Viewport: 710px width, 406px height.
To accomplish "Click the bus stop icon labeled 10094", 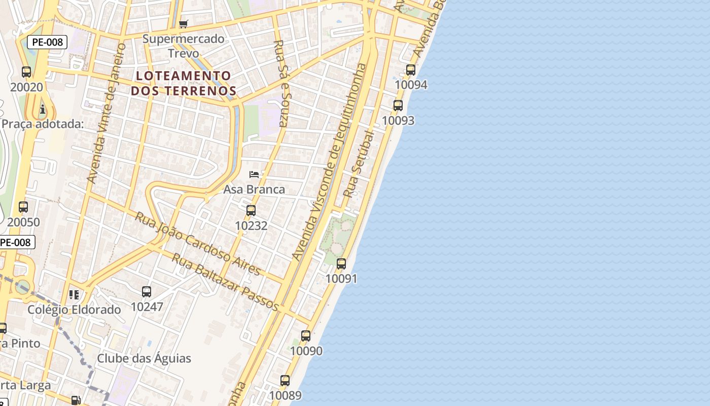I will click(x=411, y=70).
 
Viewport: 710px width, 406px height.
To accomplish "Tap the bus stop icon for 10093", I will click(x=398, y=106).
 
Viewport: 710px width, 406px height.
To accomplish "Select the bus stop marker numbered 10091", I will click(x=341, y=264).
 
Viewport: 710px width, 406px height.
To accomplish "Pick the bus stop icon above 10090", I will click(x=306, y=336).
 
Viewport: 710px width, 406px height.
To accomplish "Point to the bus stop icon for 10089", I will click(x=285, y=381).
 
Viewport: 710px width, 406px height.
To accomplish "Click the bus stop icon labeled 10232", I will click(x=251, y=211).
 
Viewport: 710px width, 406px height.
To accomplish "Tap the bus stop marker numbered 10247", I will click(x=147, y=292).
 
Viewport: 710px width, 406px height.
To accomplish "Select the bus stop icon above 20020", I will click(x=26, y=72).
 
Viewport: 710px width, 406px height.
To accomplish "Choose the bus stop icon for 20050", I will click(x=23, y=207).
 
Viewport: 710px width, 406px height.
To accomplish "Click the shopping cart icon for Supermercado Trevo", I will click(x=184, y=24).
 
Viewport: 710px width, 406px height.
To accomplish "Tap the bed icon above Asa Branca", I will click(x=254, y=175).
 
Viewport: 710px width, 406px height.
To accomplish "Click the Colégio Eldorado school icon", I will click(x=74, y=295).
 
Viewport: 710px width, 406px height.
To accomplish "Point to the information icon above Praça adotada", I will click(x=43, y=109).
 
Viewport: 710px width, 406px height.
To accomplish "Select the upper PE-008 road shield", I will click(x=47, y=42).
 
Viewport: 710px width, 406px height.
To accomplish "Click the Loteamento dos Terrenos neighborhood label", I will click(x=184, y=83).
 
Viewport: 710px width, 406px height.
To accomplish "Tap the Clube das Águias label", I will click(x=144, y=358).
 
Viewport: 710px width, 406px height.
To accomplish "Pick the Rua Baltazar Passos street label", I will click(x=225, y=282).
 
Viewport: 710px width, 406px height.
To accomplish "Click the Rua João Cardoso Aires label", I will click(x=198, y=244).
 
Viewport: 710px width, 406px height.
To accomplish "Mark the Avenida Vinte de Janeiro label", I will click(x=106, y=113).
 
